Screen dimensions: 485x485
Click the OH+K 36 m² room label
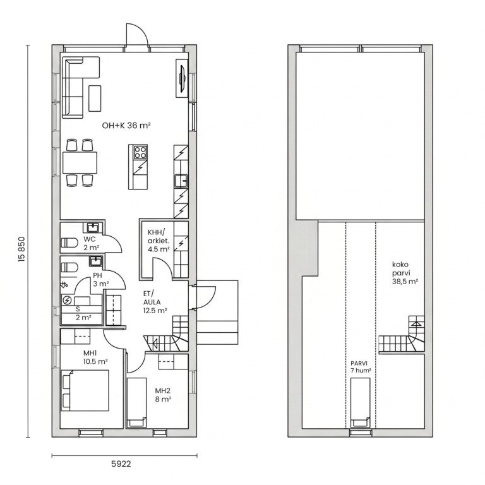[126, 126]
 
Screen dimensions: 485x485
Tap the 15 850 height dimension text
[21, 249]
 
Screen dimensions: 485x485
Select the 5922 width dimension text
[121, 464]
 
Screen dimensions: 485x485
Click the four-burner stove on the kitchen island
[140, 152]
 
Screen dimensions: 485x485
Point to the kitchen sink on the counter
[181, 181]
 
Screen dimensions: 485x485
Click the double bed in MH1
[85, 390]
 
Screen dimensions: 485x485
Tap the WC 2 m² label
[91, 243]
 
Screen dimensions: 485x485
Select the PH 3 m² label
[100, 279]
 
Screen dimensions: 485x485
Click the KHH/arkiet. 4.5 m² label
[158, 241]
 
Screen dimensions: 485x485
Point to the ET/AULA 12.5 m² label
[155, 302]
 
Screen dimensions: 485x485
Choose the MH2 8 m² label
[163, 395]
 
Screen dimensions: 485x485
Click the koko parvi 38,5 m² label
[405, 273]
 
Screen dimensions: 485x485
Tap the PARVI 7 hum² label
[361, 367]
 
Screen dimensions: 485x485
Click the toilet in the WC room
[69, 242]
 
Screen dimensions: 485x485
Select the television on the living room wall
[182, 78]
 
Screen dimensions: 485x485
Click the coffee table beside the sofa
[95, 99]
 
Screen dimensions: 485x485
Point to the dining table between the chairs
[80, 163]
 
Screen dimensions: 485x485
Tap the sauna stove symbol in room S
[67, 301]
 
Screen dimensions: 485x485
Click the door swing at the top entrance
[137, 34]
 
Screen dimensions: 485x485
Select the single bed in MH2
[137, 402]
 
